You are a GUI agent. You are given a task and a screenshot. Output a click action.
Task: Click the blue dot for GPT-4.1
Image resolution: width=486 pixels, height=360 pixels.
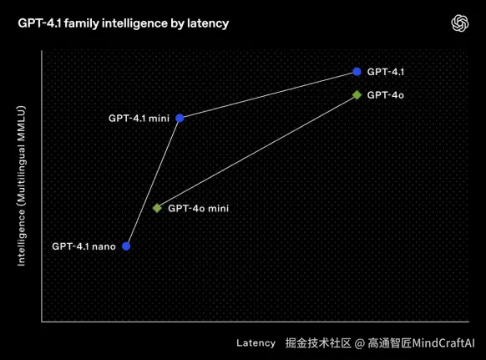(357, 72)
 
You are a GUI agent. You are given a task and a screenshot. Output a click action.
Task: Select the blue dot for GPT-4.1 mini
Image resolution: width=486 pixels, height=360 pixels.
(180, 118)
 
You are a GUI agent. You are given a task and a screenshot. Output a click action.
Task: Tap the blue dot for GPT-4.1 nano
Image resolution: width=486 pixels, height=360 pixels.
(126, 246)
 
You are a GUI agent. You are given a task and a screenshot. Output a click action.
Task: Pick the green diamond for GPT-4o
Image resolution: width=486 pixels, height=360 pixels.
(357, 95)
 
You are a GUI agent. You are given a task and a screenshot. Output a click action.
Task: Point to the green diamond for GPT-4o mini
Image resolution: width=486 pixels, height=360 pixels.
(157, 208)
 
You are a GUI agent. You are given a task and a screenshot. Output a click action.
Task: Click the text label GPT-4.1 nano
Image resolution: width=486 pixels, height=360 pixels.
(84, 246)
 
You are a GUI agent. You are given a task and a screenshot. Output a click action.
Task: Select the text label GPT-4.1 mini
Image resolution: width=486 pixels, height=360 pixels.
(139, 119)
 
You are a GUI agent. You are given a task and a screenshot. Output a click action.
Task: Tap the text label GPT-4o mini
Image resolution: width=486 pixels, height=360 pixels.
(199, 208)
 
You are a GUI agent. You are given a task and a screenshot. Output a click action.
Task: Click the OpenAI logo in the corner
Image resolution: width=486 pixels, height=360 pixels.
(459, 23)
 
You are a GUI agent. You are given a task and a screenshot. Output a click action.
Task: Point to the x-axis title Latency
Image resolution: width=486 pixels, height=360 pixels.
(256, 343)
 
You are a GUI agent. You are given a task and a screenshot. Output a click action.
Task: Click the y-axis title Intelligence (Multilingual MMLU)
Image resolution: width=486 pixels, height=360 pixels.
(21, 186)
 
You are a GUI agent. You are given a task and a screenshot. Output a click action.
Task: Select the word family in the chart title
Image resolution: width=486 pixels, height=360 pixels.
(81, 23)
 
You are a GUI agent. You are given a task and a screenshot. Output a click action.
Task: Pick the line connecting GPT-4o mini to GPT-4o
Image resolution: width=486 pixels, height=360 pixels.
(257, 152)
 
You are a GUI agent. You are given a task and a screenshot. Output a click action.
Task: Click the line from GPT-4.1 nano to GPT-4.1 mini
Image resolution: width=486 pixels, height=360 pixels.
(153, 182)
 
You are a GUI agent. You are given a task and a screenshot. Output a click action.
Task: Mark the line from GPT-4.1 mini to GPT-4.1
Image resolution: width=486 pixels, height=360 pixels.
(268, 95)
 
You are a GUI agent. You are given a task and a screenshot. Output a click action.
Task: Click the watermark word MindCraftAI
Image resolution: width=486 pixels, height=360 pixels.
(443, 343)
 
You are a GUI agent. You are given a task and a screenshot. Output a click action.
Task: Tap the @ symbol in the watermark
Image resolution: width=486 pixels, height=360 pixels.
(359, 343)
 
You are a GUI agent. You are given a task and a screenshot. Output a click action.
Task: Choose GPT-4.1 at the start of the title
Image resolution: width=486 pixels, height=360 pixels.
(40, 23)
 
